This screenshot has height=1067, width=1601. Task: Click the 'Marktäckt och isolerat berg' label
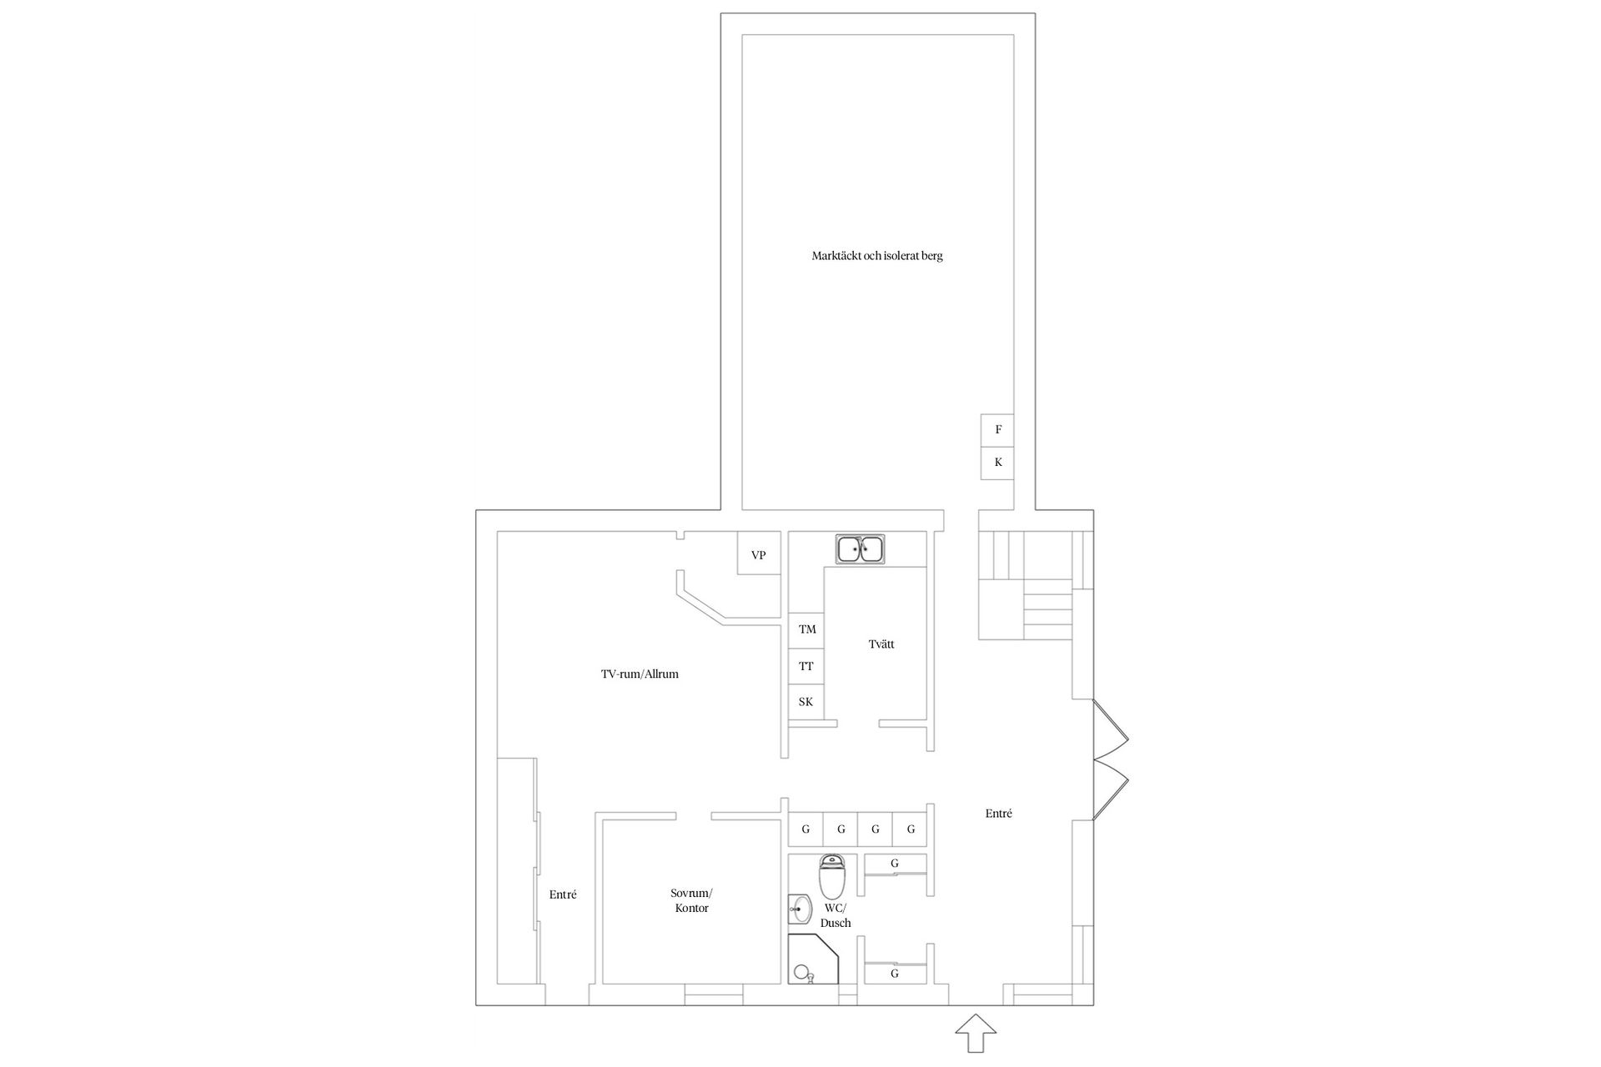(x=877, y=256)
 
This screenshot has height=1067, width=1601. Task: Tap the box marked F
(x=997, y=430)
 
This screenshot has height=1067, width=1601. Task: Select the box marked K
(x=997, y=463)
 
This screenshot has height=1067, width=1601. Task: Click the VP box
(x=759, y=554)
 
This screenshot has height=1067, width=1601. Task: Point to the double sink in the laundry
(x=861, y=549)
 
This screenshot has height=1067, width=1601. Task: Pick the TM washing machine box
(x=806, y=629)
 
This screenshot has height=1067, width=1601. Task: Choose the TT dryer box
(x=806, y=666)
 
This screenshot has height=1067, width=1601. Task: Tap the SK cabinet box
(x=806, y=702)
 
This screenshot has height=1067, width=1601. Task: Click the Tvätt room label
(x=881, y=644)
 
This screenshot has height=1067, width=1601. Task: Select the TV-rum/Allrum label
(x=640, y=674)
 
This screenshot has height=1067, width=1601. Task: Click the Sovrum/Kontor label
(x=691, y=900)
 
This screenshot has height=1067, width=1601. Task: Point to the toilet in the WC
(x=832, y=876)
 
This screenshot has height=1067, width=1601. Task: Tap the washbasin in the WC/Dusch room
(x=800, y=909)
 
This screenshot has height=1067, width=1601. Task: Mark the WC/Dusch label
(x=836, y=915)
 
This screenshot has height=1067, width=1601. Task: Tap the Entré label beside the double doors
(x=998, y=814)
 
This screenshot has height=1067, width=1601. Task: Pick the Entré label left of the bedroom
(x=563, y=894)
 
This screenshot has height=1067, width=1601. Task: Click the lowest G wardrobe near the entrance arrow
(x=895, y=974)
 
